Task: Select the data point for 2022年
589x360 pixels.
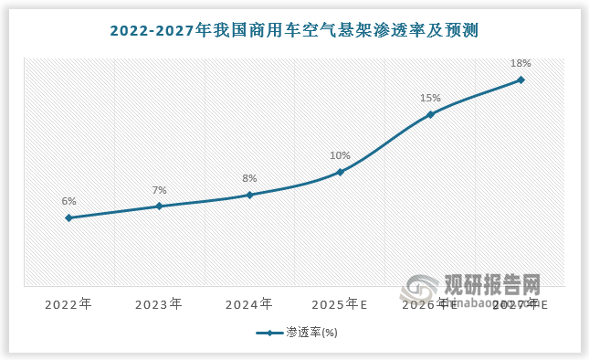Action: (x=68, y=217)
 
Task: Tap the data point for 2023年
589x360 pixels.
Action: (x=159, y=206)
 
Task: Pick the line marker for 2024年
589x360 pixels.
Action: (x=249, y=195)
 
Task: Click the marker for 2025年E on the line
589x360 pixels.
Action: (x=340, y=172)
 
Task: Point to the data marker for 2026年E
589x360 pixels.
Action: (x=430, y=114)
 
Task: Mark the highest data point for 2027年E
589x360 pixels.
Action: (x=521, y=79)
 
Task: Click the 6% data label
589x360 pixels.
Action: (x=68, y=201)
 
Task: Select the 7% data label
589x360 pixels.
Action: (x=159, y=190)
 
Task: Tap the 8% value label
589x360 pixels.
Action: (x=249, y=178)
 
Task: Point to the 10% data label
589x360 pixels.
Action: (x=340, y=155)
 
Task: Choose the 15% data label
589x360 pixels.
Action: (x=430, y=98)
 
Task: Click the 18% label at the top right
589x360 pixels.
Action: (x=521, y=63)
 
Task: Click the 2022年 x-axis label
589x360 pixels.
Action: (x=68, y=303)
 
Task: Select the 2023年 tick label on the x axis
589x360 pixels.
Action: (x=159, y=303)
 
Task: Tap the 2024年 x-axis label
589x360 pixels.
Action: (x=249, y=303)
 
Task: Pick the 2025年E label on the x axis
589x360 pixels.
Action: (x=340, y=303)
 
